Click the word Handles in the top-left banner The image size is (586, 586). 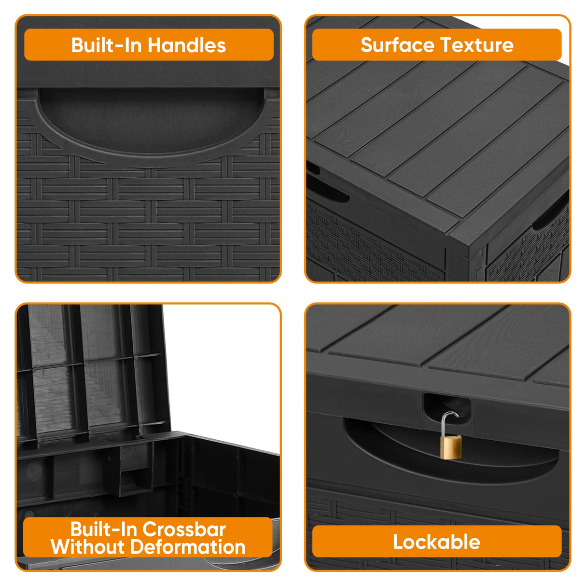pos(187,45)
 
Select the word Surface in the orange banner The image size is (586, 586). pos(397,45)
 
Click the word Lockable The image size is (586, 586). pos(436,542)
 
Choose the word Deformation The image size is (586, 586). pos(188,547)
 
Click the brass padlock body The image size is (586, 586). pos(451,446)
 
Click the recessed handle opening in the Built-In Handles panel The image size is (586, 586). pos(150,118)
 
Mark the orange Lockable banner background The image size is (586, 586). pos(348,542)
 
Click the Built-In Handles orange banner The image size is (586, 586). pos(48,45)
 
